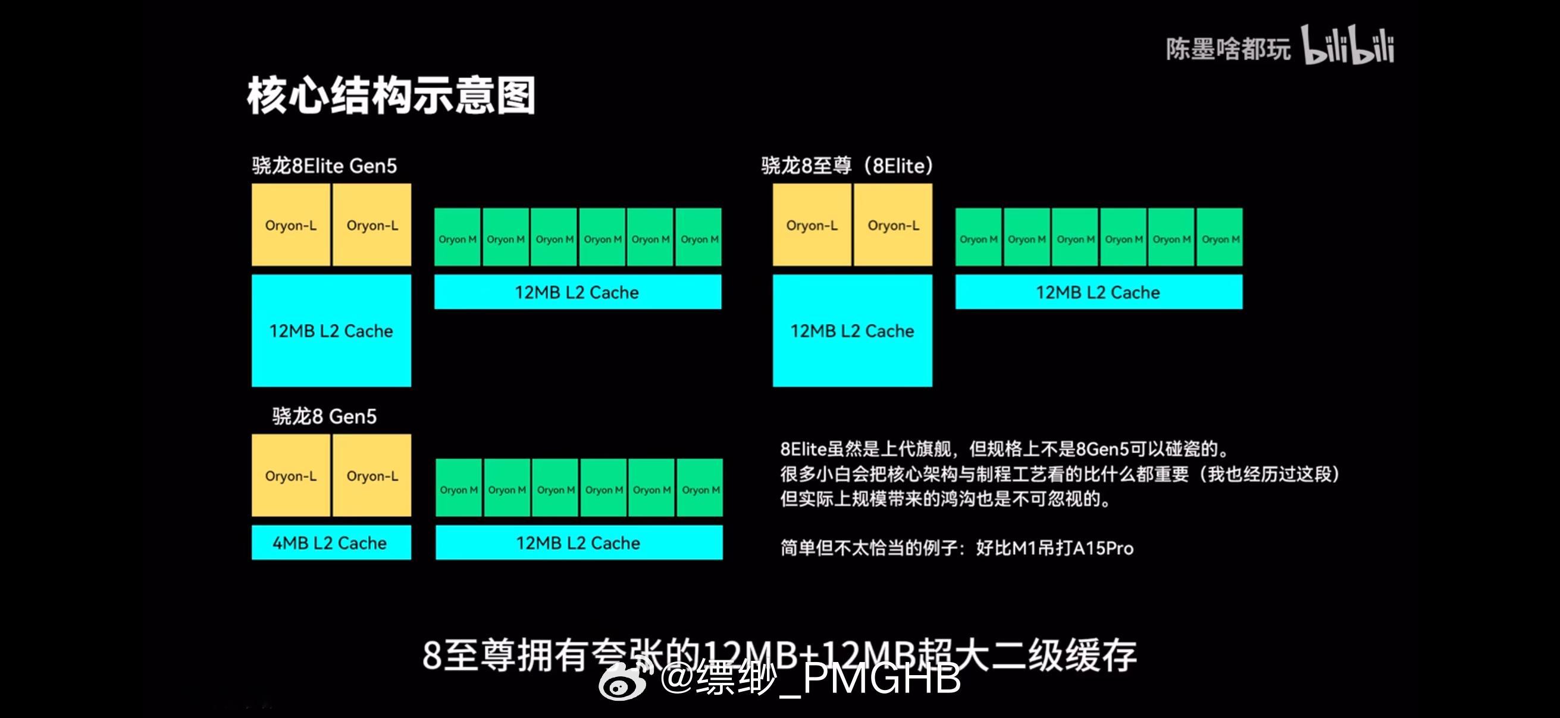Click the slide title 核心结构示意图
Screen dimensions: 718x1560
coord(391,96)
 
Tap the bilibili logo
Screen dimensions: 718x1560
coord(1348,46)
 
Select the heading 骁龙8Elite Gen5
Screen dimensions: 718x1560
coord(325,166)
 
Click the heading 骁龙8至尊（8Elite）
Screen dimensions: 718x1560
coord(847,166)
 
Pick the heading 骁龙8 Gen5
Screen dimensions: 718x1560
coord(325,416)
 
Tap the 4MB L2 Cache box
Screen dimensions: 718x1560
coord(331,542)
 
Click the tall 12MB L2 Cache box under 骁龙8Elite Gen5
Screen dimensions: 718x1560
coord(331,331)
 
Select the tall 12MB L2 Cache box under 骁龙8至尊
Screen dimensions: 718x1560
coord(852,331)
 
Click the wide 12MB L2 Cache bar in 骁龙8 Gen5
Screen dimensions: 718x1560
coord(578,542)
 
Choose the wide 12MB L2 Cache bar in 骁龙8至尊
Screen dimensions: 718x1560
coord(1098,292)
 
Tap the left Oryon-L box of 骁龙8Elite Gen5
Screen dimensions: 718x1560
coord(291,225)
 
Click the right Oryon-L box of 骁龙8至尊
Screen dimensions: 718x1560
coord(893,225)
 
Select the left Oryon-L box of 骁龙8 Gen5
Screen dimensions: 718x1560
coord(291,476)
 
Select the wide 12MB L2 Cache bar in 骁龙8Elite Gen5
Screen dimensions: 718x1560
coord(577,292)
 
